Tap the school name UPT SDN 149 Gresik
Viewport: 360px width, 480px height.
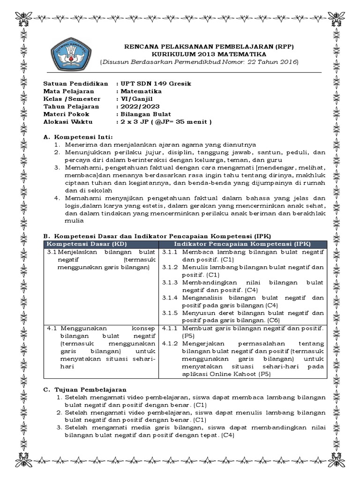[x=155, y=83]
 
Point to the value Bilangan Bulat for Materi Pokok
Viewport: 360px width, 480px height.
[x=145, y=114]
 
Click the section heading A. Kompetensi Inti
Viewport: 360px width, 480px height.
[x=77, y=136]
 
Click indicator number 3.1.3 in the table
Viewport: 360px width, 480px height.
[x=171, y=283]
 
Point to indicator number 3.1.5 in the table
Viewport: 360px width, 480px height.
[x=171, y=313]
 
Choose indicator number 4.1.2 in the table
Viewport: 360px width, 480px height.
[x=171, y=343]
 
